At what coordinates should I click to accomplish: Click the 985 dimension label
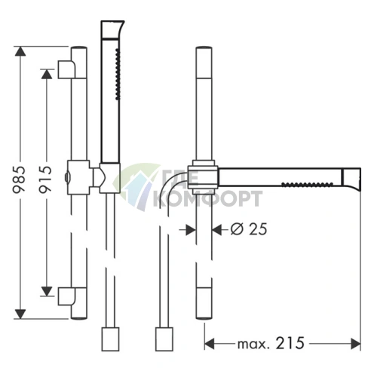coord(19,179)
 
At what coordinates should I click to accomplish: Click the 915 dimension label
coord(45,179)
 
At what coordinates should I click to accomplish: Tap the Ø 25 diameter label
coord(249,229)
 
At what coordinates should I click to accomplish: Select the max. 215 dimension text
coord(271,343)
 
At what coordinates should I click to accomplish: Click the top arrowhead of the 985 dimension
coord(20,51)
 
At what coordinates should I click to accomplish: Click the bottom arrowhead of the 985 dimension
coord(20,314)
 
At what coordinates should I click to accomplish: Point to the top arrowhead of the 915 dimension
coord(47,74)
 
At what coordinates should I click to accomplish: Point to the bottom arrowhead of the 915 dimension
coord(47,291)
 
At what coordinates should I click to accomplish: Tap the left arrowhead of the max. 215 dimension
coord(210,344)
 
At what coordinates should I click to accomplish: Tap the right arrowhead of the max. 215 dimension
coord(356,344)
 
